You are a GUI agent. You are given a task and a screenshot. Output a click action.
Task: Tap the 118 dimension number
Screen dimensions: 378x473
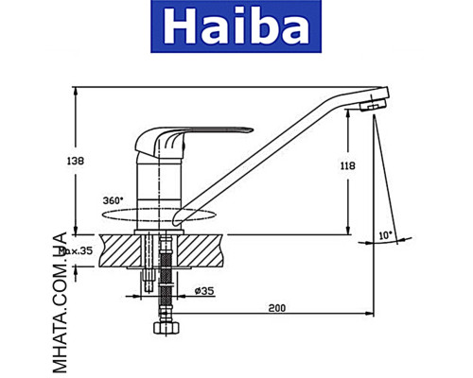[347, 165]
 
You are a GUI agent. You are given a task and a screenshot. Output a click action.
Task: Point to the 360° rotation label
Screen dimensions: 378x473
[113, 200]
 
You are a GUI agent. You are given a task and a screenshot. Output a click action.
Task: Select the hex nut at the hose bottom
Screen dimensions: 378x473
[167, 332]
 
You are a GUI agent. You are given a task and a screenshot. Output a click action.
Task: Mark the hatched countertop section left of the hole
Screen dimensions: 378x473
[118, 250]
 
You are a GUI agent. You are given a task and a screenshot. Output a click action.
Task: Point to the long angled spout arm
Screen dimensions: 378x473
[274, 151]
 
